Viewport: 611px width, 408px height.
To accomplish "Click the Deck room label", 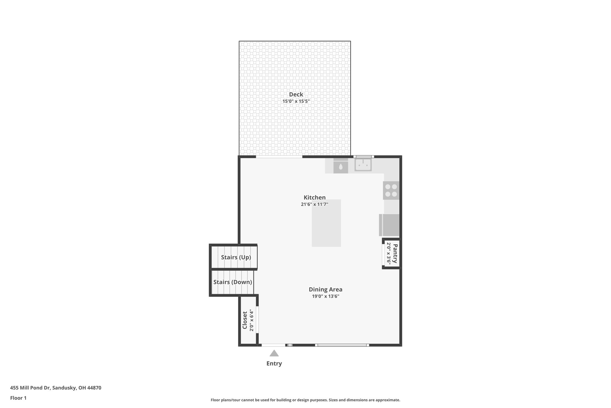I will point(296,95).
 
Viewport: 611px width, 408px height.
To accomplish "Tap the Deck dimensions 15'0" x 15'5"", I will point(296,101).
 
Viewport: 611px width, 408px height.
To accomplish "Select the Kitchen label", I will point(314,198).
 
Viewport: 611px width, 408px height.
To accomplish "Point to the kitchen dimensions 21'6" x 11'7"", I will point(314,204).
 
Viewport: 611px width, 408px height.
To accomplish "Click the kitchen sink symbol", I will point(363,165).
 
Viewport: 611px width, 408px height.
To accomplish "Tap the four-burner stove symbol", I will point(391,190).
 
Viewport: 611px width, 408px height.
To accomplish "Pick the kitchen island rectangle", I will point(326,227).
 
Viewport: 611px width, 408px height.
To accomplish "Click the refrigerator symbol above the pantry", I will point(389,225).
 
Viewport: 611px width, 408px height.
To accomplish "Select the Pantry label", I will point(395,253).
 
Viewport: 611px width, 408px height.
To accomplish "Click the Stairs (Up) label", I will point(236,257).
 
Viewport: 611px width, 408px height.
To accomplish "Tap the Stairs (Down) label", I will point(232,282).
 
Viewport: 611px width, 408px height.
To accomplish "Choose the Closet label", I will point(245,320).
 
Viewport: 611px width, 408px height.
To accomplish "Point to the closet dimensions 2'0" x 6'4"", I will point(252,320).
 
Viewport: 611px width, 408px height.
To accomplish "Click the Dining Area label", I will point(325,289).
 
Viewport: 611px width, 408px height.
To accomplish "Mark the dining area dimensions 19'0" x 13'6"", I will point(325,297).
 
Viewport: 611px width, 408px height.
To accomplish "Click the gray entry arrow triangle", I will point(274,354).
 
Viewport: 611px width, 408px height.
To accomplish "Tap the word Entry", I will point(274,364).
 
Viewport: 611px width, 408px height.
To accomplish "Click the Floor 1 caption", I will point(18,398).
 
